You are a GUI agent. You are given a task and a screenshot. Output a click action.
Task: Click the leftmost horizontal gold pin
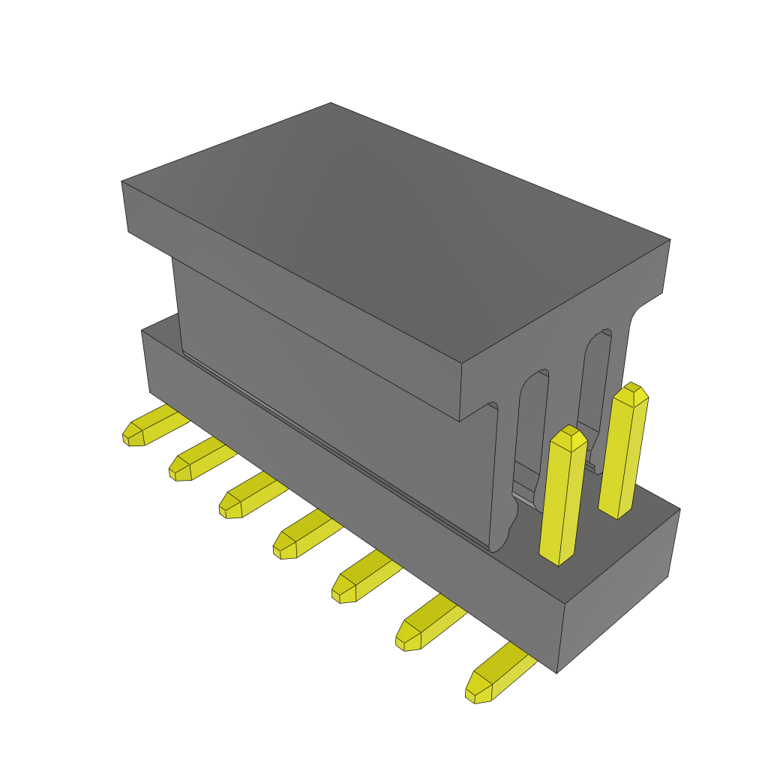tap(150, 427)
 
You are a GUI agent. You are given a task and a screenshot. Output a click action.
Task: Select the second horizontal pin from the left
tap(196, 460)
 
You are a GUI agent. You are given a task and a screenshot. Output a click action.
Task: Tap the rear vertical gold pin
tap(624, 454)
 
